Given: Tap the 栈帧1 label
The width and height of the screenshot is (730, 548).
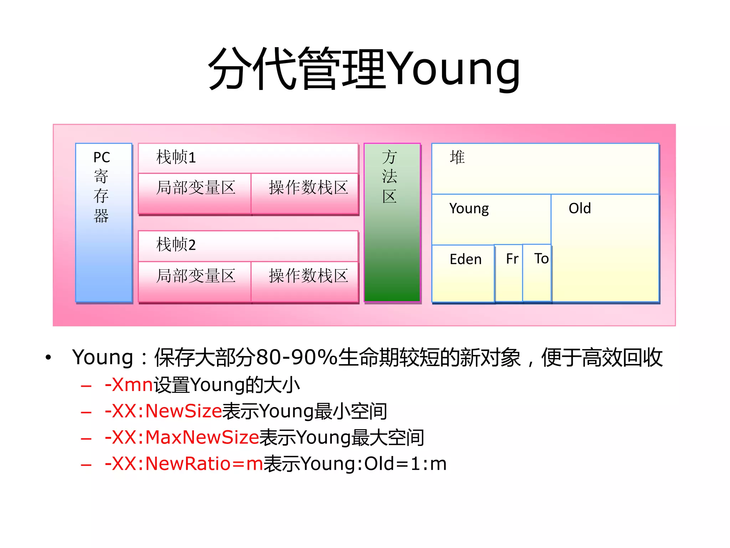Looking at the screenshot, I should (x=176, y=157).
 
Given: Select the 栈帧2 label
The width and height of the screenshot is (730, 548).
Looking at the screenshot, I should (x=176, y=245).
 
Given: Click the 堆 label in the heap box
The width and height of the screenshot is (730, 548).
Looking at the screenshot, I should (x=457, y=157).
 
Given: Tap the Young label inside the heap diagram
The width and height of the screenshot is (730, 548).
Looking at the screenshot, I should (x=469, y=208).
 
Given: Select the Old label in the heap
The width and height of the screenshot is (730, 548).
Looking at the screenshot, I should (x=580, y=208).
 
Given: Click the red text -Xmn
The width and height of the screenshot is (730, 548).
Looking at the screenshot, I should (x=129, y=385).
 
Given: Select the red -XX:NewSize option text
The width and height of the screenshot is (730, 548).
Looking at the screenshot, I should (x=164, y=411).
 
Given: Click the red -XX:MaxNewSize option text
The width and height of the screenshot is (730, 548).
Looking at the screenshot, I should (x=182, y=437).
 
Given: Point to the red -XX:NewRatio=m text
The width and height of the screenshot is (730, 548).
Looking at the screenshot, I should (x=184, y=464).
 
